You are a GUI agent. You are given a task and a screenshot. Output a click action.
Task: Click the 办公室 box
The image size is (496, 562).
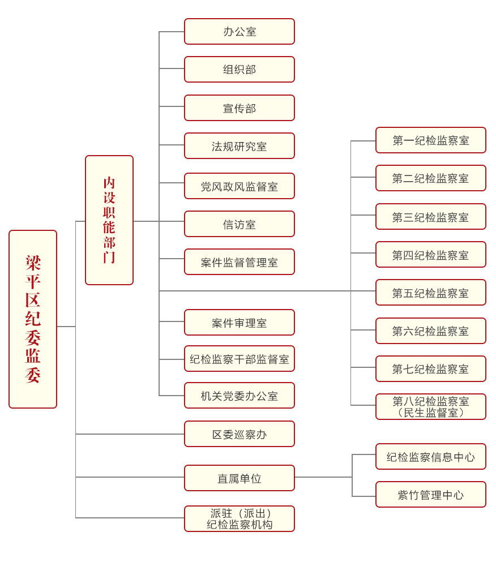239,32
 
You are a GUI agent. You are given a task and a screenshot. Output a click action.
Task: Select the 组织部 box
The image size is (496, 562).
239,69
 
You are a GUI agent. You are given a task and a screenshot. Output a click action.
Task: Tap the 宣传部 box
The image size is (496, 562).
239,108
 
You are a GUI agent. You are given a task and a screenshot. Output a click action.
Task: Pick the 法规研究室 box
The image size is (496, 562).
239,146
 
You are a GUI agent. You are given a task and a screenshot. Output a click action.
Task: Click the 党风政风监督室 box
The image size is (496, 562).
239,186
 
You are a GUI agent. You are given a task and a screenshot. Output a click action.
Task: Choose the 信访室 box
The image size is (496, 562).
239,224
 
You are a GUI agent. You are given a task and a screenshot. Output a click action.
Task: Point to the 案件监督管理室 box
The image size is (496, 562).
239,262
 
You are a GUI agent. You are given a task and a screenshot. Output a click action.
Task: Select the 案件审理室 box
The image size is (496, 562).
239,323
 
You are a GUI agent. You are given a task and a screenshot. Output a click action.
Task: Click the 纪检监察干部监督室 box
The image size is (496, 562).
239,359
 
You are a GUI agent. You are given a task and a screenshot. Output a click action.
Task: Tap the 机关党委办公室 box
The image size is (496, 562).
239,396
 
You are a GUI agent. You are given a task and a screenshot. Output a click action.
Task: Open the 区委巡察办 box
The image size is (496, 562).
239,434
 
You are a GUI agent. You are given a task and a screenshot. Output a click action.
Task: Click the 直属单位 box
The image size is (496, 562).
239,478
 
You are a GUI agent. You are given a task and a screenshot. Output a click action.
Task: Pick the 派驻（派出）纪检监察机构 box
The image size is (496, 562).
239,518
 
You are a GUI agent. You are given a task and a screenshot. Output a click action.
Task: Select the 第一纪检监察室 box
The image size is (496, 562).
431,140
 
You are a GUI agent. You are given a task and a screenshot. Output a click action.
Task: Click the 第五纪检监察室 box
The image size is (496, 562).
431,293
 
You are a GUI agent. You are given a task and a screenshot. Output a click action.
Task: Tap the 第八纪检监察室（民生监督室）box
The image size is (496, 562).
431,407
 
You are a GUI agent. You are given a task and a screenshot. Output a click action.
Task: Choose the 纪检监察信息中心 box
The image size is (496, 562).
431,457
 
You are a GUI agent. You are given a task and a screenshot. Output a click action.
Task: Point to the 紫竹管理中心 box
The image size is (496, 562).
431,495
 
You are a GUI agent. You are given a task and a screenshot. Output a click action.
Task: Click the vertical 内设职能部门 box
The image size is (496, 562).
109,220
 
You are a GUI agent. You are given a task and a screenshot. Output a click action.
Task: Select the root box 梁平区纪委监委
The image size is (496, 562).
33,319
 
